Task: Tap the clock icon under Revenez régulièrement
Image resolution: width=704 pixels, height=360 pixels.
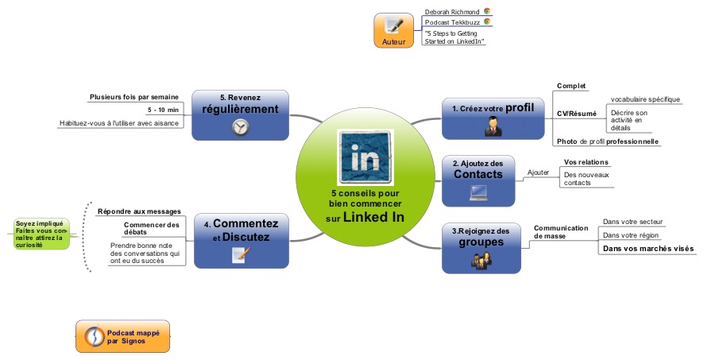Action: point(240,127)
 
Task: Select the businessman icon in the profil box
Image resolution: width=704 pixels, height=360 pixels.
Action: point(493,126)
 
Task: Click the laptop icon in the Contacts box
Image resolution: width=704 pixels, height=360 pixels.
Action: point(478,191)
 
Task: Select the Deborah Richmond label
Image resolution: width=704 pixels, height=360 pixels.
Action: point(451,12)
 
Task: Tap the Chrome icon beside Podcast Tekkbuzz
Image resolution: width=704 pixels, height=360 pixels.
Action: point(487,22)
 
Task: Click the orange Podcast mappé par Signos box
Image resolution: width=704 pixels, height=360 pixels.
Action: point(123,336)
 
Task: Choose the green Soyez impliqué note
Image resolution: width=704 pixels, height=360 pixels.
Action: point(41,234)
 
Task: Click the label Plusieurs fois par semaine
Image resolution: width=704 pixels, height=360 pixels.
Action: point(133,98)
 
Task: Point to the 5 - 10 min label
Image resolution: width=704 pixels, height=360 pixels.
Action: point(163,110)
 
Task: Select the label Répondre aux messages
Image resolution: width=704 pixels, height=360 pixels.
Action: point(138,211)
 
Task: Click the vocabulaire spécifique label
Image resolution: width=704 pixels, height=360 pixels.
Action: point(645,99)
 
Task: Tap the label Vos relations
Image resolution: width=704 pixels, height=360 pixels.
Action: point(586,162)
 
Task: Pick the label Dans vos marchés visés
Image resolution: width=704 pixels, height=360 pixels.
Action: point(648,249)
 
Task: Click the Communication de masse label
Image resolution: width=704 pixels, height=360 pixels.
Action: point(560,231)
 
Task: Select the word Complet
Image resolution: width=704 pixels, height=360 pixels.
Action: point(571,86)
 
